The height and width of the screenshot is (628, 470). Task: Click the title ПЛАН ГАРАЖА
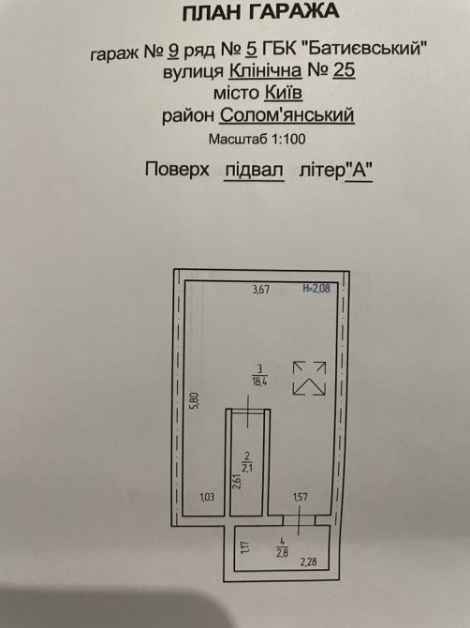click(x=260, y=12)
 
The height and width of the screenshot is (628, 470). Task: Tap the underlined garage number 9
click(x=173, y=51)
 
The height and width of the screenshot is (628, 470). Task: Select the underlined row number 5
click(x=251, y=50)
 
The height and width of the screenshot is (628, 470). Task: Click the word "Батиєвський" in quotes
click(x=363, y=48)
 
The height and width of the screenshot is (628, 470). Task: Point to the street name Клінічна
click(x=266, y=71)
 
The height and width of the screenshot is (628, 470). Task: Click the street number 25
click(x=344, y=70)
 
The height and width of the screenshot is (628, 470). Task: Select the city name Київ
click(x=283, y=93)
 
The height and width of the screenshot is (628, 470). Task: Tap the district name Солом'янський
click(x=286, y=115)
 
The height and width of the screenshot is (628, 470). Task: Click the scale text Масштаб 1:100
click(x=257, y=139)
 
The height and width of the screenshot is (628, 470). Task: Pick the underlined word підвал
click(x=254, y=171)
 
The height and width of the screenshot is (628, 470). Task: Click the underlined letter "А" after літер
click(x=359, y=171)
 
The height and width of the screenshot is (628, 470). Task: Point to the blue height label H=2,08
click(x=316, y=289)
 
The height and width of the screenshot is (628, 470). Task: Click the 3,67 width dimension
click(x=261, y=290)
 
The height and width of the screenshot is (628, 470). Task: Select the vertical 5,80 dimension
click(x=194, y=400)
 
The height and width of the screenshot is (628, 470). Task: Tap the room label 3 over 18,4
click(x=259, y=375)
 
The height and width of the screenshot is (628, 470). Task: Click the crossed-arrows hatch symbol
click(x=309, y=379)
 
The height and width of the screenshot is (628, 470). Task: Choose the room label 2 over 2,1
click(x=247, y=462)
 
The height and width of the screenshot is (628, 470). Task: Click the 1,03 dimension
click(x=207, y=497)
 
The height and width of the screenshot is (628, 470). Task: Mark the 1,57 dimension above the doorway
click(x=301, y=497)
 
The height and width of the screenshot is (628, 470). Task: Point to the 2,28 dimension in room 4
click(x=308, y=561)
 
